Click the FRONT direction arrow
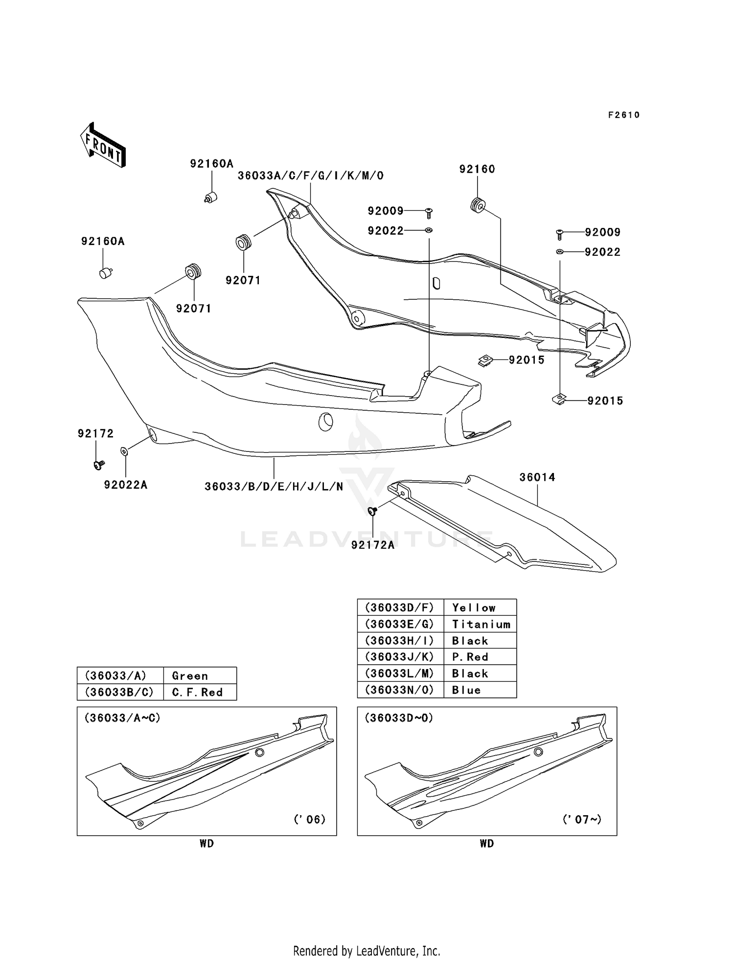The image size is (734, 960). pyautogui.click(x=103, y=145)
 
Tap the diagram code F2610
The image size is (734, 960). pyautogui.click(x=624, y=115)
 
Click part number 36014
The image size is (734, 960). pyautogui.click(x=537, y=477)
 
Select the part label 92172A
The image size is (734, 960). pyautogui.click(x=373, y=545)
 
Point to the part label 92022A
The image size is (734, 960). pyautogui.click(x=126, y=485)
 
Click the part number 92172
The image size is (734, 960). pyautogui.click(x=96, y=433)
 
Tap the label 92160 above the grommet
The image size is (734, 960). pyautogui.click(x=477, y=169)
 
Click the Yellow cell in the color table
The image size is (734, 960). pyautogui.click(x=474, y=608)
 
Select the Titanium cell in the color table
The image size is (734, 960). pyautogui.click(x=481, y=625)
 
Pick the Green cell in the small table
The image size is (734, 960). pyautogui.click(x=190, y=676)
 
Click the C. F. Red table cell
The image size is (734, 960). pyautogui.click(x=197, y=692)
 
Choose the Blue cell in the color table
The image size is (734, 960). pyautogui.click(x=466, y=690)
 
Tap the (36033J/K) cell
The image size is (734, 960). pyautogui.click(x=400, y=657)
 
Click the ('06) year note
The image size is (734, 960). pyautogui.click(x=309, y=819)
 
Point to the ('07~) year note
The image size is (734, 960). pyautogui.click(x=582, y=819)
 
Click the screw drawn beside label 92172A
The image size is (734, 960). pyautogui.click(x=372, y=512)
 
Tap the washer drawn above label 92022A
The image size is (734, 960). pyautogui.click(x=125, y=450)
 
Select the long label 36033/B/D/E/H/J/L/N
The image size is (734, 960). pyautogui.click(x=274, y=487)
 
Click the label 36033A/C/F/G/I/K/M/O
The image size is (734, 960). pyautogui.click(x=311, y=176)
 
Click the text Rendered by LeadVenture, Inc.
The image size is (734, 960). pyautogui.click(x=367, y=951)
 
